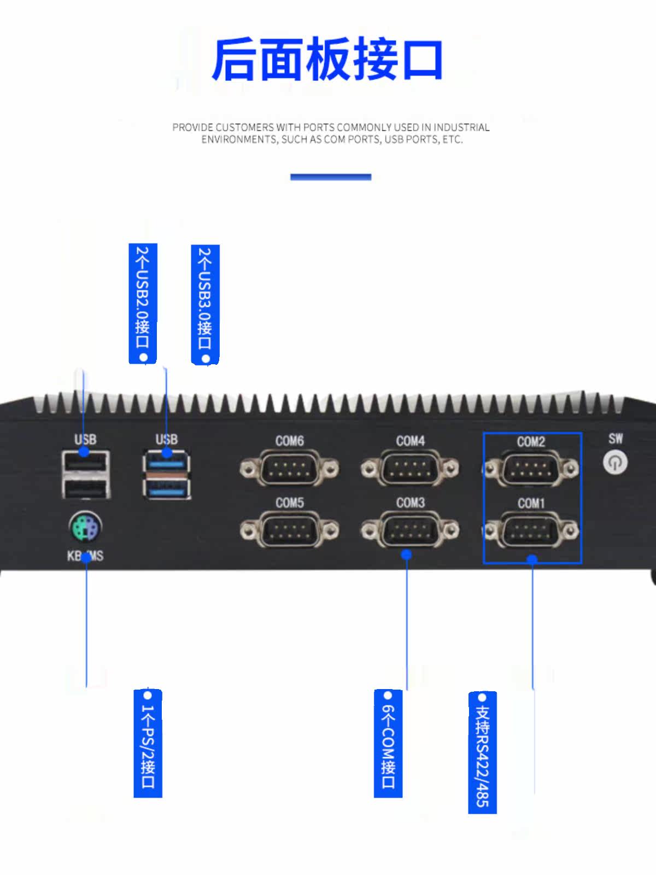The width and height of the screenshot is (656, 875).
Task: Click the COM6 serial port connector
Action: pyautogui.click(x=290, y=468)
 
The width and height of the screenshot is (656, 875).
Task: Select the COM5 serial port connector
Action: pyautogui.click(x=290, y=530)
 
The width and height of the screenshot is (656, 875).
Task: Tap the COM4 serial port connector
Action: pyautogui.click(x=410, y=468)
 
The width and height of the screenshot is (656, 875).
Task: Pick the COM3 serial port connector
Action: pyautogui.click(x=410, y=530)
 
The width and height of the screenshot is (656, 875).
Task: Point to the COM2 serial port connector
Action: pyautogui.click(x=531, y=468)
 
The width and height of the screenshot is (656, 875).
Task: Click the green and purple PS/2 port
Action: pyautogui.click(x=85, y=526)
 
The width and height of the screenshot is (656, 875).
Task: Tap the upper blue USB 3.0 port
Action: pyautogui.click(x=167, y=462)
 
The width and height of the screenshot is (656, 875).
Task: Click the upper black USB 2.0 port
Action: pyautogui.click(x=86, y=463)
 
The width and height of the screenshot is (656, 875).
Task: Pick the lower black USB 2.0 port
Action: pyautogui.click(x=86, y=488)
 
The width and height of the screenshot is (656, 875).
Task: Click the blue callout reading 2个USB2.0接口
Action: pyautogui.click(x=143, y=304)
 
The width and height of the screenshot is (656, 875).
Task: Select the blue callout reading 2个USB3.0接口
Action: pyautogui.click(x=205, y=305)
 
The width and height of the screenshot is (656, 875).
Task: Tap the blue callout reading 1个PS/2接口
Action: pyautogui.click(x=148, y=743)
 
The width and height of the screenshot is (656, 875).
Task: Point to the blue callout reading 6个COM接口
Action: pyautogui.click(x=388, y=743)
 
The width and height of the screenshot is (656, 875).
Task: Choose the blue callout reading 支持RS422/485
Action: pyautogui.click(x=482, y=752)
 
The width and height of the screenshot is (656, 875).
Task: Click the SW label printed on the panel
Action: pyautogui.click(x=616, y=439)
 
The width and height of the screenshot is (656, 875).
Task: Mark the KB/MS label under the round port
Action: pyautogui.click(x=85, y=556)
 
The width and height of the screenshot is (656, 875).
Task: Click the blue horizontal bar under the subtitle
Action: pyautogui.click(x=331, y=177)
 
